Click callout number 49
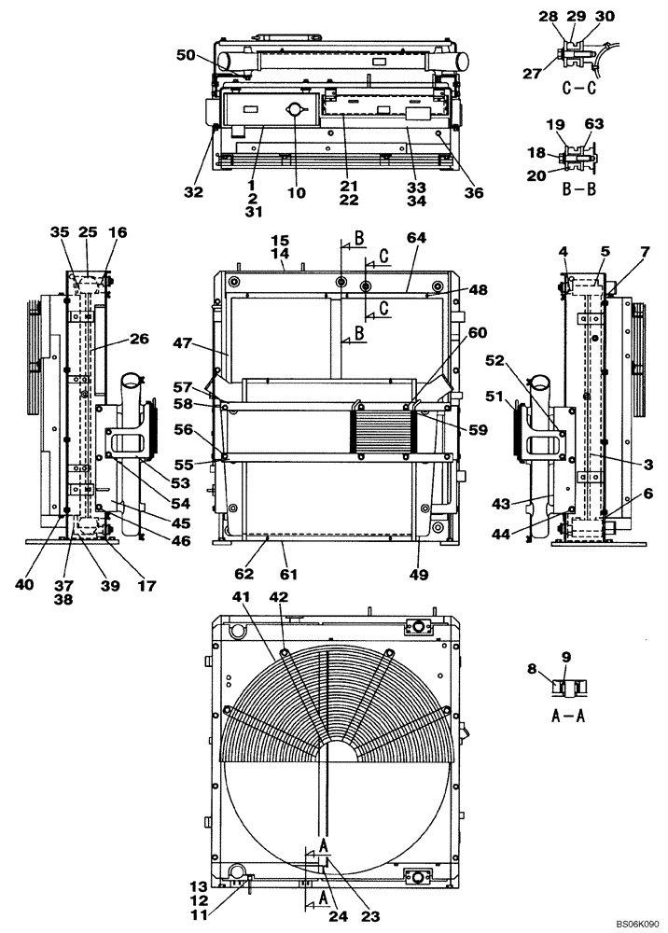tap(419, 575)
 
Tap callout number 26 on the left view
tap(139, 340)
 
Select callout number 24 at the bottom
tap(340, 917)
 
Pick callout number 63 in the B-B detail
tap(593, 122)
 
